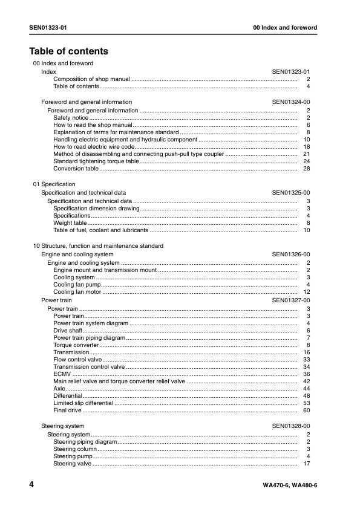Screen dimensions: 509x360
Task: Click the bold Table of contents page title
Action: pos(69,51)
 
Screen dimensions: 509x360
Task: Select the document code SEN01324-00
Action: pos(291,102)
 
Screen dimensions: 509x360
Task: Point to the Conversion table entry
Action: pos(76,169)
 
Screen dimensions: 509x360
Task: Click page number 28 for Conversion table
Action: pos(307,169)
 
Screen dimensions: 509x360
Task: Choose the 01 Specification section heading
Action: pos(54,184)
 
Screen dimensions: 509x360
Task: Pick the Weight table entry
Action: pos(70,223)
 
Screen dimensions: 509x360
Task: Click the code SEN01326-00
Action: pos(291,255)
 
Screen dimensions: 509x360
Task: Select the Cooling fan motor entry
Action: pos(77,292)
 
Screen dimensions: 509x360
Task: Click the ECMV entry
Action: pos(62,374)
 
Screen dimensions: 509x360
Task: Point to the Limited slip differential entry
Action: pos(83,403)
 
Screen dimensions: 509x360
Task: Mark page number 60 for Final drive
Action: pos(307,410)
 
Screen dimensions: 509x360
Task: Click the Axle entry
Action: pos(59,389)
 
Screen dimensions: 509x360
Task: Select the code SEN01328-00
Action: pos(291,426)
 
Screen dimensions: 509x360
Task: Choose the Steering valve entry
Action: pos(73,464)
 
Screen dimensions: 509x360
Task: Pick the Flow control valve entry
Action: pos(77,360)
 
